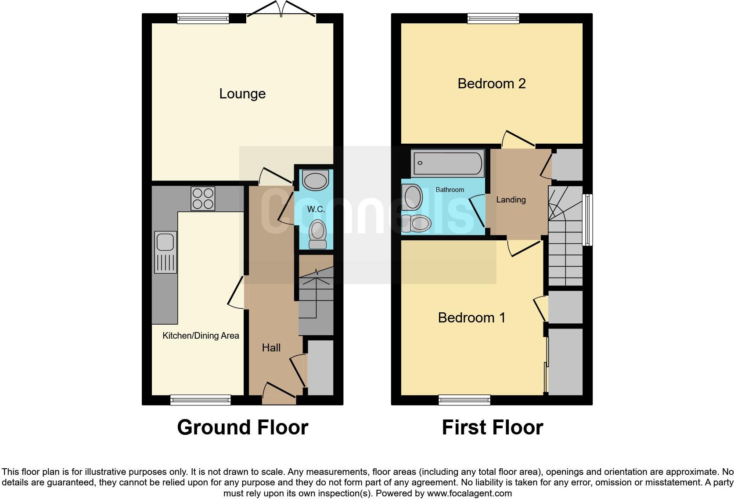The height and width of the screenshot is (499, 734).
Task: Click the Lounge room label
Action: [x=242, y=94]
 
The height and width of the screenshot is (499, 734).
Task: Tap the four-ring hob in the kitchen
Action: [x=203, y=199]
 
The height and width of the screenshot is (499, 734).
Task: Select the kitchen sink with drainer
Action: [x=166, y=252]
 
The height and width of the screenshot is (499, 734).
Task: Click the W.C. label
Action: [x=316, y=209]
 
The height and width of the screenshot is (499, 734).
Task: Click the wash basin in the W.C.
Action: [x=315, y=180]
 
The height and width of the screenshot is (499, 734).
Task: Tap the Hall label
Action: [x=271, y=348]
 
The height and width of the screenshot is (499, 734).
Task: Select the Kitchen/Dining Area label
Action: [x=201, y=336]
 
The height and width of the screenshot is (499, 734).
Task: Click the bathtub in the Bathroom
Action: [x=447, y=163]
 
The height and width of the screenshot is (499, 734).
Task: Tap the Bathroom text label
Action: [x=450, y=190]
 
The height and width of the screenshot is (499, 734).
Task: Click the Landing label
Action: [x=511, y=200]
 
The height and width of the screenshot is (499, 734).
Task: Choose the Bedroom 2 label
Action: [x=491, y=83]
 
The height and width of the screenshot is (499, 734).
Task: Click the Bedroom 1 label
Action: [x=471, y=318]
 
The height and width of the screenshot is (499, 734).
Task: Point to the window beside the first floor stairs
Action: [x=587, y=220]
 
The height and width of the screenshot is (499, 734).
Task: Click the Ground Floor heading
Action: [x=242, y=427]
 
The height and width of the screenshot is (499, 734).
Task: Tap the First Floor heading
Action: [x=492, y=427]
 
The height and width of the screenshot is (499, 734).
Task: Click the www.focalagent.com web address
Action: [x=469, y=493]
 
